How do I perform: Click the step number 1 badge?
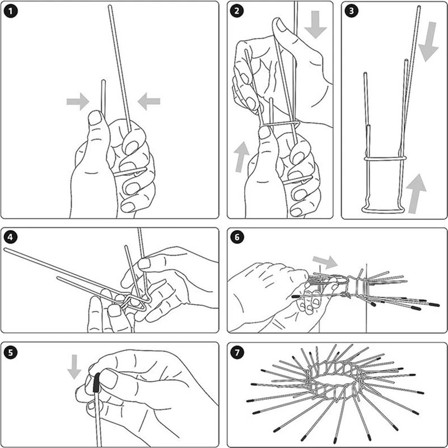pyautogui.click(x=11, y=11)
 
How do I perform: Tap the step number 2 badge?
pyautogui.click(x=237, y=11)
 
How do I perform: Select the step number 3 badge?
pyautogui.click(x=352, y=11)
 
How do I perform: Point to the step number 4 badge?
pyautogui.click(x=11, y=237)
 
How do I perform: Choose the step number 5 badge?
pyautogui.click(x=11, y=352)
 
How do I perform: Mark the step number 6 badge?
pyautogui.click(x=237, y=237)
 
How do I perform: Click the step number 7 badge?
pyautogui.click(x=237, y=352)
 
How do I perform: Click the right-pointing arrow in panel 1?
pyautogui.click(x=78, y=101)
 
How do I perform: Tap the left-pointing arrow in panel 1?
pyautogui.click(x=149, y=101)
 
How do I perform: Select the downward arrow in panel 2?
pyautogui.click(x=315, y=25)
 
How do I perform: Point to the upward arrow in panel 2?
pyautogui.click(x=242, y=157)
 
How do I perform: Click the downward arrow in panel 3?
pyautogui.click(x=429, y=41)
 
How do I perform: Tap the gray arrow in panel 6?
pyautogui.click(x=325, y=262)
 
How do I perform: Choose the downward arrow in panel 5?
pyautogui.click(x=74, y=367)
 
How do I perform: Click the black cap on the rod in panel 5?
pyautogui.click(x=96, y=382)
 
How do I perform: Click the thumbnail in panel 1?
pyautogui.click(x=95, y=118)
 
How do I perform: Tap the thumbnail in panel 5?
pyautogui.click(x=108, y=379)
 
